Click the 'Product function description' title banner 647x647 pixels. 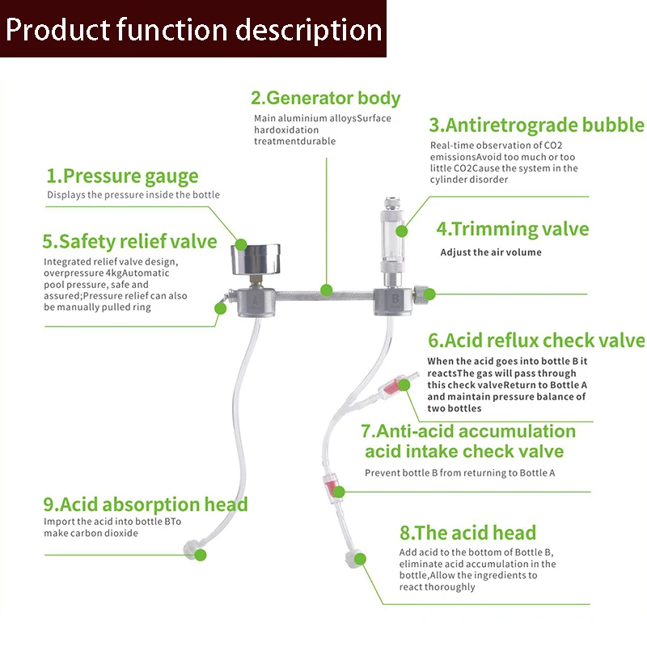193,29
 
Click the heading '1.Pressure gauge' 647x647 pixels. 122,175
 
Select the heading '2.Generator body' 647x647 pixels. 325,99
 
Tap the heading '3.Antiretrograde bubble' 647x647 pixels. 536,125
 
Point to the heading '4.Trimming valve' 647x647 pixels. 513,229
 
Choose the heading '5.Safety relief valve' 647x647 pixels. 129,241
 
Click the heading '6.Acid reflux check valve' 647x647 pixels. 536,340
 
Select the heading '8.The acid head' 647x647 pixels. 467,532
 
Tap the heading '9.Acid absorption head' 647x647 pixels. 146,505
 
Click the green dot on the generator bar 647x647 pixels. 326,289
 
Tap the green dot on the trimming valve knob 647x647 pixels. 429,294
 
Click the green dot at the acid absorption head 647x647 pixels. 201,556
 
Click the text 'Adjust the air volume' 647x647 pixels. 491,252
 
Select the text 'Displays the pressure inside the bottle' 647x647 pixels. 133,195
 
